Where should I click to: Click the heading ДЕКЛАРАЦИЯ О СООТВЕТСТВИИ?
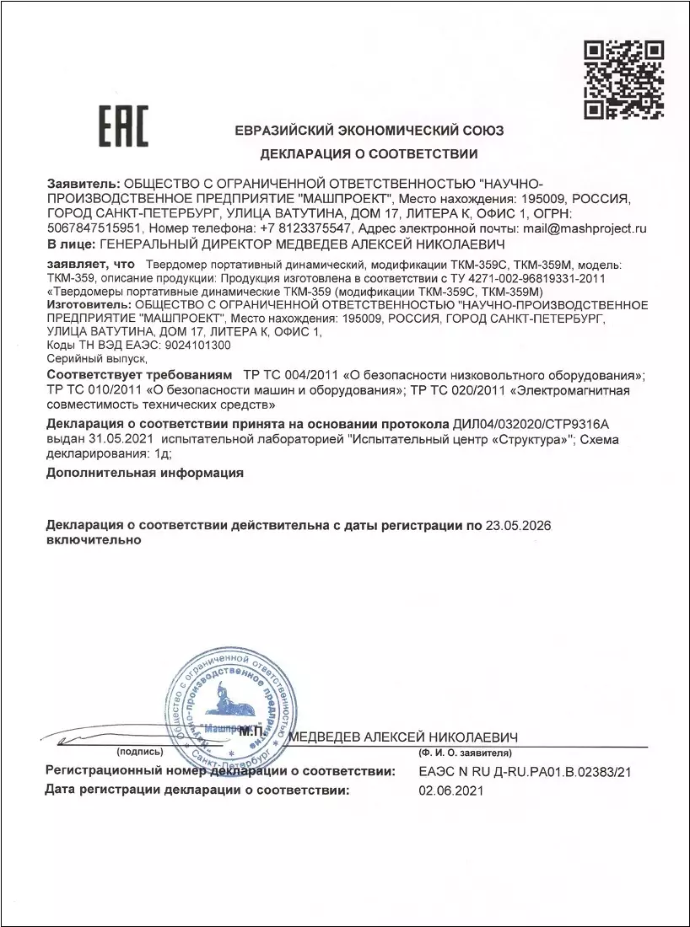tap(369, 154)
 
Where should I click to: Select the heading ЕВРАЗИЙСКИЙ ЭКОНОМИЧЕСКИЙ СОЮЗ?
tap(369, 131)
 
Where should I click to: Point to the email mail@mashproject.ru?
tap(584, 228)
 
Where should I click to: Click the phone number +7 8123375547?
tap(305, 228)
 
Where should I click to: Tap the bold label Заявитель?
tap(84, 182)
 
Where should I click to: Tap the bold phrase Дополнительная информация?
tap(145, 473)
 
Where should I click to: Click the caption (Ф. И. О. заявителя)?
tap(466, 751)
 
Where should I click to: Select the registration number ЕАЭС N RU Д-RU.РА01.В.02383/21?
tap(525, 770)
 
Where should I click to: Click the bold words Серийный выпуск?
tap(97, 358)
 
